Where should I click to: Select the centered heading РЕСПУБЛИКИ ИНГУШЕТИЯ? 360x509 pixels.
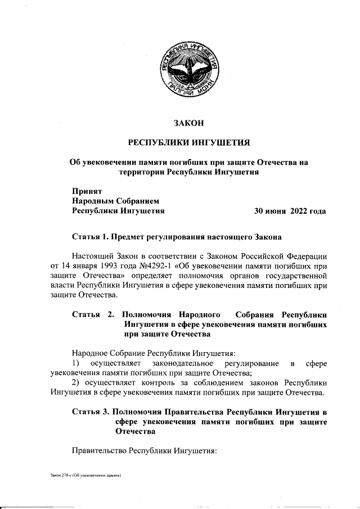[x=188, y=142]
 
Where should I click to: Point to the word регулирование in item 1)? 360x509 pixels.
[x=246, y=364]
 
